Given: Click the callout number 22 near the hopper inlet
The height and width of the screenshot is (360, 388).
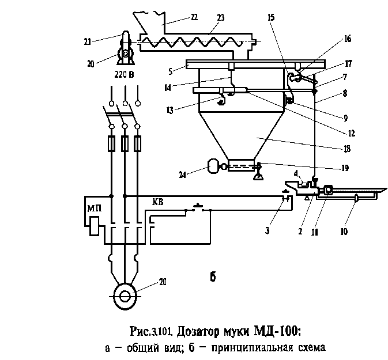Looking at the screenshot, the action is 194,17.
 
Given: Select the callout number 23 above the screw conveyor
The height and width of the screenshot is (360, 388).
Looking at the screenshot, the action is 221,17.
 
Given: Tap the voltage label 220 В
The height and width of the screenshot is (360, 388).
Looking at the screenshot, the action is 124,74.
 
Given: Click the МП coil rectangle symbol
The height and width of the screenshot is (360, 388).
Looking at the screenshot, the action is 95,226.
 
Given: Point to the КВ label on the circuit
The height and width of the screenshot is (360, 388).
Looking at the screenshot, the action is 158,202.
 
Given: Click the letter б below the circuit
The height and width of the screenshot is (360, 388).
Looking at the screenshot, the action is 213,276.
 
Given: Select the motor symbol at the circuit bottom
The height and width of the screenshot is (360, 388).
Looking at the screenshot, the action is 125,296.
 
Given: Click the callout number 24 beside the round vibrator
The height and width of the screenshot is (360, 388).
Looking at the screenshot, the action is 182,175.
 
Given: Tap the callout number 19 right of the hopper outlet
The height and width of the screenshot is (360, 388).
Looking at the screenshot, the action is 345,168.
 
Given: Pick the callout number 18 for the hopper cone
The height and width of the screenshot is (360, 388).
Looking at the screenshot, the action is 347,149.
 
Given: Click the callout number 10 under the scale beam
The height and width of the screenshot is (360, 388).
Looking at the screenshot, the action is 344,232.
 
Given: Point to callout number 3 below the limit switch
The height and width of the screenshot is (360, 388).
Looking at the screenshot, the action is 267,230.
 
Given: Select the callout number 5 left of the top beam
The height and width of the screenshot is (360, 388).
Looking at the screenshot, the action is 170,71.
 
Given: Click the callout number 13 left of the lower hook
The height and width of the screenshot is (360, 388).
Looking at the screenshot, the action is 169,110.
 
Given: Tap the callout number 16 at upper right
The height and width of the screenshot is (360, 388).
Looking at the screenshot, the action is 348,39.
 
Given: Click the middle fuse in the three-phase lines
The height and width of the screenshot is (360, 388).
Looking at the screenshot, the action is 125,143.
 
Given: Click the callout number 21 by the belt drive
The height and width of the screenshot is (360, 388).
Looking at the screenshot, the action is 88,42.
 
